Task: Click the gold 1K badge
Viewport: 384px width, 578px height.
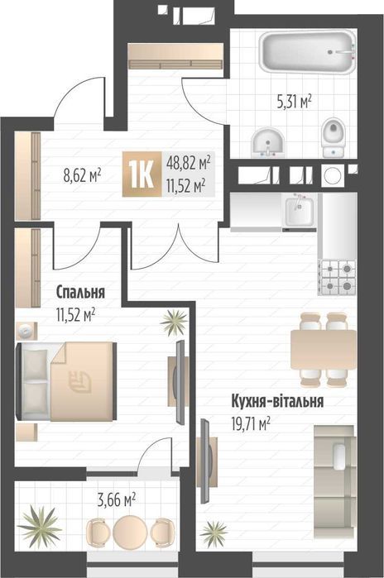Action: pyautogui.click(x=140, y=174)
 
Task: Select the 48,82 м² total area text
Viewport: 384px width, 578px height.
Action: pyautogui.click(x=188, y=164)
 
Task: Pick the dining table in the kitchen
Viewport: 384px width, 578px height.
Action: pyautogui.click(x=323, y=348)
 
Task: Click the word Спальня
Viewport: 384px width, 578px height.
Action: pyautogui.click(x=80, y=292)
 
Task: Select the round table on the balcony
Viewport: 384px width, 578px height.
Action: pyautogui.click(x=129, y=529)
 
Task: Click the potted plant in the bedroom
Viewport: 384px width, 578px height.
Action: pyautogui.click(x=175, y=322)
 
